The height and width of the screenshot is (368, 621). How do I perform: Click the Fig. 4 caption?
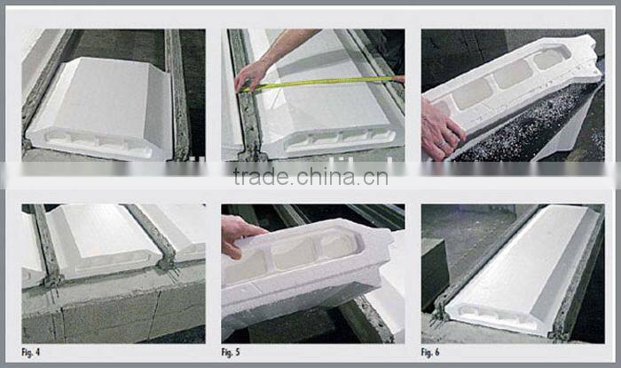point(33,352)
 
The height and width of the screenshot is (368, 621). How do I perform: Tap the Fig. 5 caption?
point(233,352)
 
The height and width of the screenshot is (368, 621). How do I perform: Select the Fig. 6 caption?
point(433,352)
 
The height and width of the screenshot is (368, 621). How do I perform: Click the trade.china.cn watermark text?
point(310,176)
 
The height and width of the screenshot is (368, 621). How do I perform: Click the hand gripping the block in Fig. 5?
point(238,233)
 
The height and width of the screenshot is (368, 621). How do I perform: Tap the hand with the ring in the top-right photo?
point(441,129)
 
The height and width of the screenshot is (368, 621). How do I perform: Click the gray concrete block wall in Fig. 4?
point(106,311)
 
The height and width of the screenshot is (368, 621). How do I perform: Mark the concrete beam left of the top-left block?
point(40,80)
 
